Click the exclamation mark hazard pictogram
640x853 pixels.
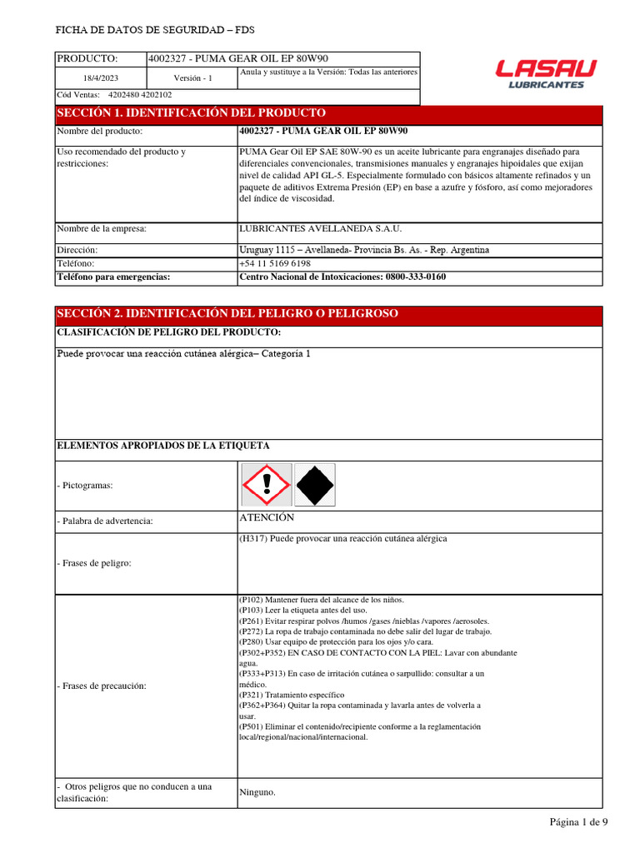click(x=267, y=485)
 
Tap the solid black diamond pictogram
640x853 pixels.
click(x=315, y=485)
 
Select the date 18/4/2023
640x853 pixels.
click(x=100, y=77)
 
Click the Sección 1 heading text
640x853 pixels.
click(x=191, y=113)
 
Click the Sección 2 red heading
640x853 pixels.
click(x=227, y=313)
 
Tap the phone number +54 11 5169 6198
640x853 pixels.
click(x=275, y=262)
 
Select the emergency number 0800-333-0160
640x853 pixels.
click(x=413, y=277)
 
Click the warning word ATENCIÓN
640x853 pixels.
click(x=267, y=518)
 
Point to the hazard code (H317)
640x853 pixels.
click(x=253, y=539)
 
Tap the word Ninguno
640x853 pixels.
click(x=257, y=792)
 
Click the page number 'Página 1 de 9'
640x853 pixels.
click(x=578, y=822)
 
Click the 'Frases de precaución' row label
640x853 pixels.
click(x=101, y=686)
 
